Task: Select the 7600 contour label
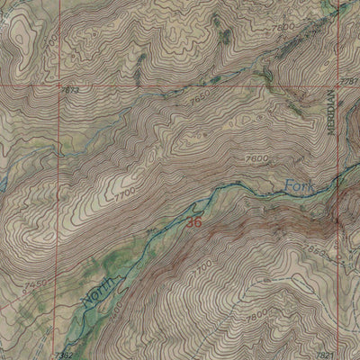tap(256, 158)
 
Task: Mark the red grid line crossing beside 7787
tap(336, 86)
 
